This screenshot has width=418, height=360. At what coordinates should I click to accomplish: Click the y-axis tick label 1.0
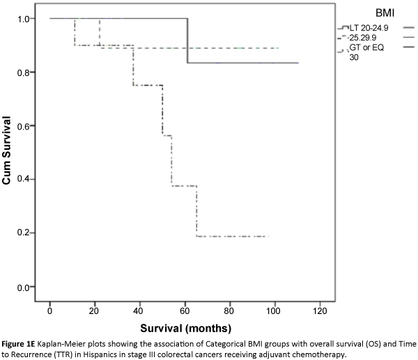pyautogui.click(x=22, y=19)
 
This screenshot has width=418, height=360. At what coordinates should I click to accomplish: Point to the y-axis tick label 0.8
pyautogui.click(x=22, y=72)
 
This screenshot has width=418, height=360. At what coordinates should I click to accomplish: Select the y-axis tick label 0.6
pyautogui.click(x=22, y=126)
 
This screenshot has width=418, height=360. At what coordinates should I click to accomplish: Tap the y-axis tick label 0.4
pyautogui.click(x=22, y=180)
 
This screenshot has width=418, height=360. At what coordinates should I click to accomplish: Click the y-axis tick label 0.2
pyautogui.click(x=22, y=233)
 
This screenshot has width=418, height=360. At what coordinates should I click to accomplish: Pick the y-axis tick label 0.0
pyautogui.click(x=22, y=287)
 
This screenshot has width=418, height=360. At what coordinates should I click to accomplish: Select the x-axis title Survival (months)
pyautogui.click(x=185, y=327)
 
